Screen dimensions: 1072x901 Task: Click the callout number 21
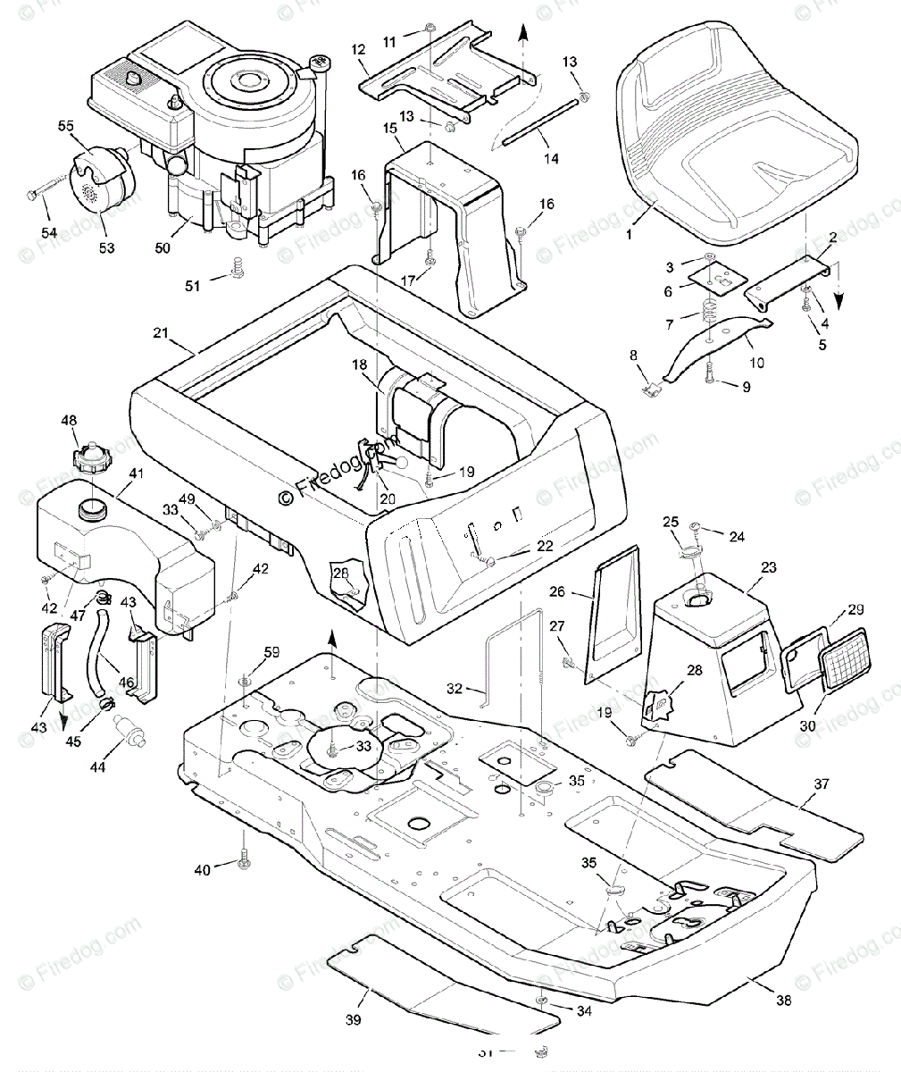(x=161, y=333)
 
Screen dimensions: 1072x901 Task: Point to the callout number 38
(x=784, y=1001)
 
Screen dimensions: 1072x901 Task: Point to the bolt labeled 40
(x=243, y=861)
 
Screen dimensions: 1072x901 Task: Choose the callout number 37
(x=821, y=783)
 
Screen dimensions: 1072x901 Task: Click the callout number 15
(x=389, y=128)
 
